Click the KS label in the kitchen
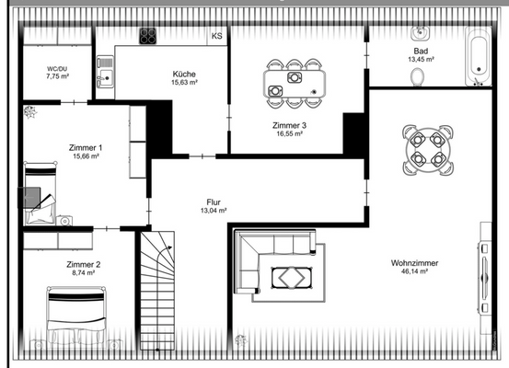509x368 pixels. tap(217, 36)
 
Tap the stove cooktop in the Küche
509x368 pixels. tap(147, 36)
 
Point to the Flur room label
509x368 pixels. tap(214, 201)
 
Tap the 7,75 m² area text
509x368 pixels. tap(59, 77)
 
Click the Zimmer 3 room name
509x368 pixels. tap(289, 124)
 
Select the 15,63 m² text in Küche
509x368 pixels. tap(184, 82)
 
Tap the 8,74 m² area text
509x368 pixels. tap(83, 273)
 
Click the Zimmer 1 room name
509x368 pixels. tap(86, 147)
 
